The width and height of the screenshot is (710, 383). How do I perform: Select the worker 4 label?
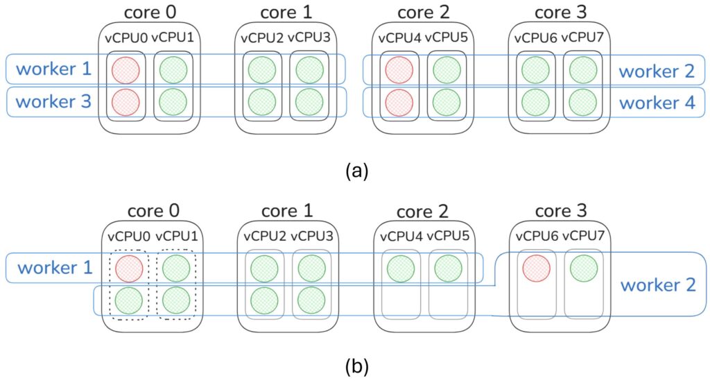pyautogui.click(x=657, y=103)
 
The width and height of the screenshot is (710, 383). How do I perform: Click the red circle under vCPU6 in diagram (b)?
pyautogui.click(x=535, y=268)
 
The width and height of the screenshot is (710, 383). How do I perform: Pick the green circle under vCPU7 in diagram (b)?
pyautogui.click(x=584, y=268)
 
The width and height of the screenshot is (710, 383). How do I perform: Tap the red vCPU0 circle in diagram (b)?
pyautogui.click(x=129, y=268)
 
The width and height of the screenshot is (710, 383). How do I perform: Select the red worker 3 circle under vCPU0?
pyautogui.click(x=125, y=101)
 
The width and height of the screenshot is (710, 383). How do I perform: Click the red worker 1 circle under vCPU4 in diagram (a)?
pyautogui.click(x=399, y=69)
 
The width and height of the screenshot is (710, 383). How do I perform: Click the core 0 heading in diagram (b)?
pyautogui.click(x=150, y=210)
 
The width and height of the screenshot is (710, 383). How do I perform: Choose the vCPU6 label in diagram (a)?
pyautogui.click(x=535, y=37)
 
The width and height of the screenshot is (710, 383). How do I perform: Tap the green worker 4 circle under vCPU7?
pyautogui.click(x=584, y=101)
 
